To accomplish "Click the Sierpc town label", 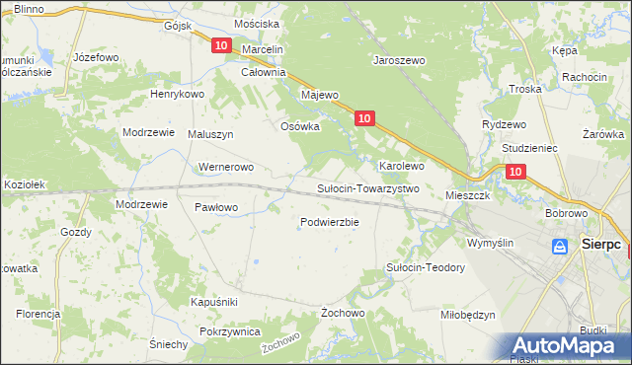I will [x=600, y=244].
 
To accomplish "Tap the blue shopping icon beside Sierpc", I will [x=560, y=246].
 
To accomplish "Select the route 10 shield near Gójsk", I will [x=220, y=45].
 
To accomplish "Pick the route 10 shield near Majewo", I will [x=364, y=118].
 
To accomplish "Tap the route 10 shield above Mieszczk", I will [x=514, y=172].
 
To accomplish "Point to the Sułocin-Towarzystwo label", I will [x=368, y=188].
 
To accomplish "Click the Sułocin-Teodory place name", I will [x=425, y=267].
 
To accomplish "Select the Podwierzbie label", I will [x=329, y=222].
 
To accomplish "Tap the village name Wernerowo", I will [x=227, y=168].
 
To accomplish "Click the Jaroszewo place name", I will [x=398, y=60].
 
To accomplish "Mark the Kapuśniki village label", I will [x=213, y=301].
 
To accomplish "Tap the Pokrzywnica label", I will [x=229, y=332].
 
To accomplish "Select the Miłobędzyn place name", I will [x=467, y=315].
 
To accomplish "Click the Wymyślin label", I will [x=491, y=243].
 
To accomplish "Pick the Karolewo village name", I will [x=402, y=166].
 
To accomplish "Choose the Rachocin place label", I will [x=584, y=77].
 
